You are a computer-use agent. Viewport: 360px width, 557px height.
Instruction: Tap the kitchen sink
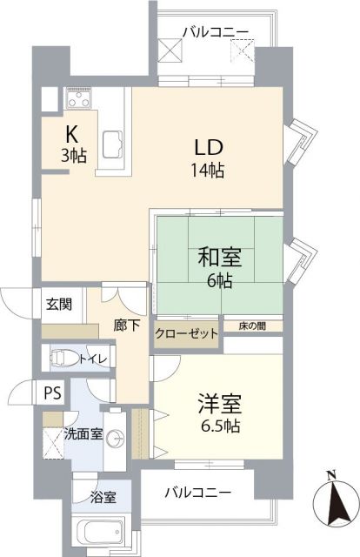pyautogui.click(x=113, y=145)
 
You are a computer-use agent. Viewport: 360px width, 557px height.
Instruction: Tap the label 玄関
pyautogui.click(x=59, y=305)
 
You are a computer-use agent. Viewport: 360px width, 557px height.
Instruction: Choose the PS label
pyautogui.click(x=52, y=393)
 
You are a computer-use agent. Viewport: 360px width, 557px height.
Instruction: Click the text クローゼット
pyautogui.click(x=186, y=334)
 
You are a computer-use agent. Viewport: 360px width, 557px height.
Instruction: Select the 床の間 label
pyautogui.click(x=252, y=326)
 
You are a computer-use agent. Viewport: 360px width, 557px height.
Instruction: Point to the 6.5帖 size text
pyautogui.click(x=221, y=426)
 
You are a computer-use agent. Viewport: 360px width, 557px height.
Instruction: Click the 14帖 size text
pyautogui.click(x=208, y=171)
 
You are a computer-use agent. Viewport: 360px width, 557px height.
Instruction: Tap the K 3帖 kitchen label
pyautogui.click(x=74, y=144)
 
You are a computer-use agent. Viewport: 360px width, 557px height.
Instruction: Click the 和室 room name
pyautogui.click(x=220, y=258)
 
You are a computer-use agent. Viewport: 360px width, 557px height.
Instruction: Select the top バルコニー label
pyautogui.click(x=216, y=33)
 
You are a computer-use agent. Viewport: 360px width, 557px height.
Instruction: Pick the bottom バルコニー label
pyautogui.click(x=198, y=493)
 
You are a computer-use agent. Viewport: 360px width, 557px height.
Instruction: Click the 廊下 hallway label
pyautogui.click(x=127, y=325)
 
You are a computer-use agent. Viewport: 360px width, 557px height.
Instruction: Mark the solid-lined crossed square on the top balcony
pyautogui.click(x=170, y=50)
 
